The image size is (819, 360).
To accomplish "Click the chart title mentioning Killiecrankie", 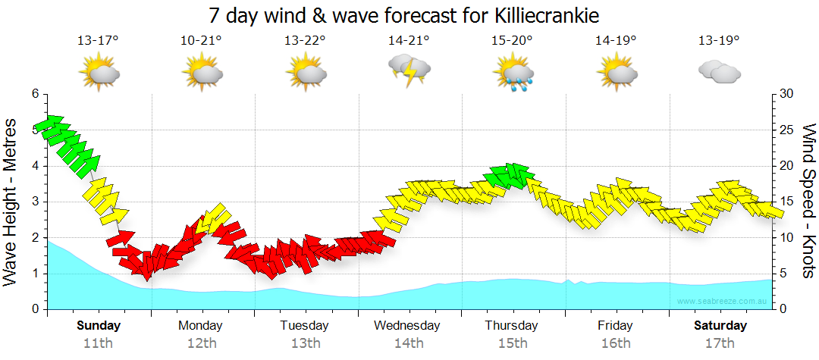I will coord(409,15).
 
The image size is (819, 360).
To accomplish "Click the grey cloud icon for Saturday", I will coord(719,72).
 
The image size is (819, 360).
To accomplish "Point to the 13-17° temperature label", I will coord(98,40).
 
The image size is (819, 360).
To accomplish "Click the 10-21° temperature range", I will coord(201,40).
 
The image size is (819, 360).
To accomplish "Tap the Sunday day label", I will coord(99,325).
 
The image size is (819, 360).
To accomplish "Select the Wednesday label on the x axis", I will coord(407,325).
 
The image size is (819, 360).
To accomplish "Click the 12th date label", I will coord(201,343).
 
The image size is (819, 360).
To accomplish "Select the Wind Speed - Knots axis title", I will coord(808,201).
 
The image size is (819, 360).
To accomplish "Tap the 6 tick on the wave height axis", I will coord(34,94).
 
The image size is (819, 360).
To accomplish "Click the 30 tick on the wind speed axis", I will coord(788,94).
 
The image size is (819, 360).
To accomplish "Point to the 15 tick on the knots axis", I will coord(787,202).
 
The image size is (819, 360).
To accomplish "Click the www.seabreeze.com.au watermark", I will coord(723,301).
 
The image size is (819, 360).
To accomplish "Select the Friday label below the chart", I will coord(615,325).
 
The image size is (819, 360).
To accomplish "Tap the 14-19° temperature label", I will coord(615,40).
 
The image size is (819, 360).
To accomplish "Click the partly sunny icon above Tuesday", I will coord(306,73).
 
